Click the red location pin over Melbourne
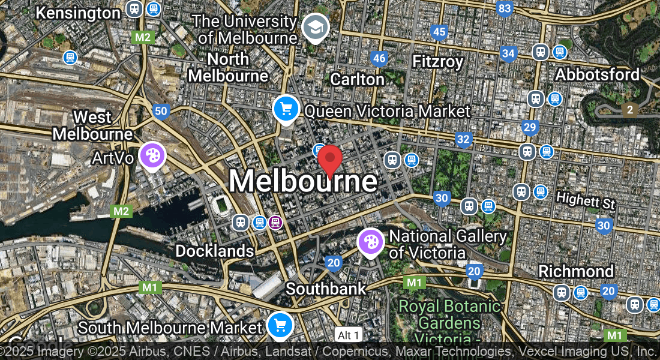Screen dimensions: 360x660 click(330, 160)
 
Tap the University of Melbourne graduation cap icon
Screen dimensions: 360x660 click(314, 27)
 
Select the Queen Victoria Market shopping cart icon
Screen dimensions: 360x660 click(286, 109)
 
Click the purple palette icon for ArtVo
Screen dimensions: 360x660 click(152, 155)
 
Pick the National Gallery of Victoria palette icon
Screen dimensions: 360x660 click(371, 242)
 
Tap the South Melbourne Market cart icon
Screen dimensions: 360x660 click(280, 325)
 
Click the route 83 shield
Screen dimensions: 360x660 click(505, 8)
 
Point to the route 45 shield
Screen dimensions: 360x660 click(439, 32)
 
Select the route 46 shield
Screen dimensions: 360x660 click(379, 58)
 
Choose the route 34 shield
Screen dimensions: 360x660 click(509, 54)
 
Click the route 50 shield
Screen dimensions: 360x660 click(160, 111)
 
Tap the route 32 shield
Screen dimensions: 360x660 click(463, 140)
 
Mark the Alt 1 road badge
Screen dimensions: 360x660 click(349, 335)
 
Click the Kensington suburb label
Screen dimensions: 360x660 click(78, 13)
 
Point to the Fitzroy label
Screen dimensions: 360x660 click(438, 62)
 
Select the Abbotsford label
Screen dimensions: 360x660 click(597, 74)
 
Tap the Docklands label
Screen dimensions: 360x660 click(214, 251)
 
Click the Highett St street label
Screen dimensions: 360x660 click(586, 200)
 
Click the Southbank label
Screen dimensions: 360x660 click(325, 289)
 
